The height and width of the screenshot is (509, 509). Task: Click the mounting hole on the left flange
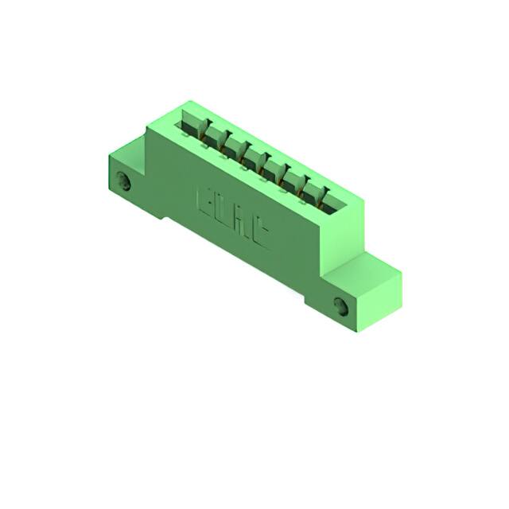point(123,180)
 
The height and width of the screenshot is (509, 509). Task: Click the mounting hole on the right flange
point(343,305)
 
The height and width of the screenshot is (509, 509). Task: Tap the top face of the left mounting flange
point(126,150)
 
